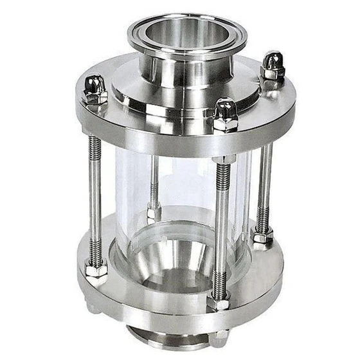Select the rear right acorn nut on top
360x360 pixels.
pos(273,65)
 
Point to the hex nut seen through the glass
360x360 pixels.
pos(154,212)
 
